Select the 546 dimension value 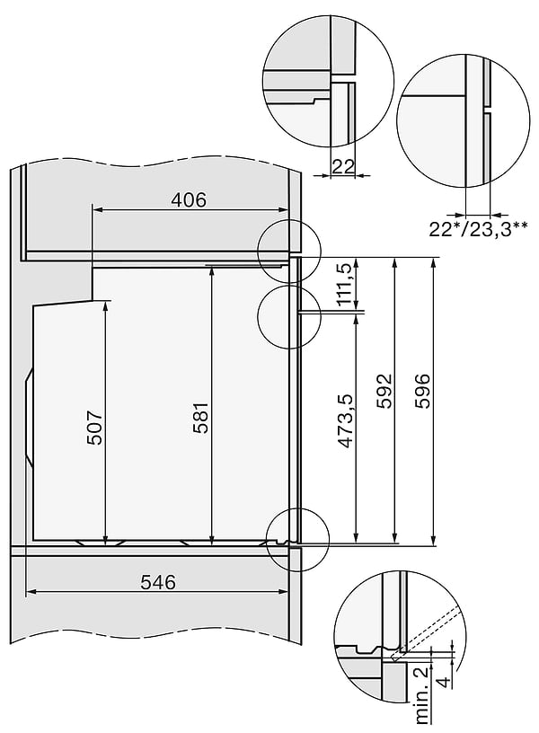159,582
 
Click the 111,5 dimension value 344,285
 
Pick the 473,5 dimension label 344,421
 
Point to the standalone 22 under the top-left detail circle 342,165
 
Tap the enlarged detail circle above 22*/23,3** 462,113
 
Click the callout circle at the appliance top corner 289,251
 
